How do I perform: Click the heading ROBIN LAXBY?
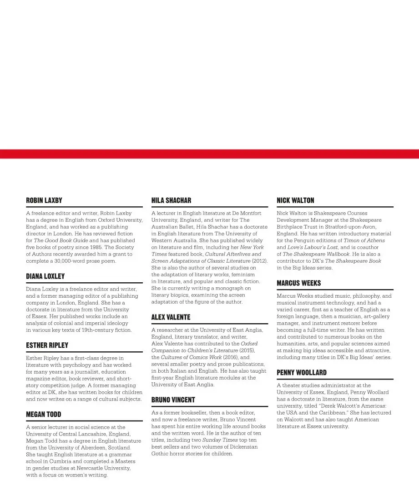coord(44,200)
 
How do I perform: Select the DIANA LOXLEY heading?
coord(45,276)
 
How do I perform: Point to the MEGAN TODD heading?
coord(44,415)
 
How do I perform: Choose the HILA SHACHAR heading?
coord(171,200)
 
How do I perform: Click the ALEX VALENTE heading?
coord(171,317)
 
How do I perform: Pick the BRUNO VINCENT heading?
coord(173,400)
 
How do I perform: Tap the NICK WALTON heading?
coord(295,200)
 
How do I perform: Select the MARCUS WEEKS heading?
coord(299,283)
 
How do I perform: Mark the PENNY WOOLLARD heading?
coord(302,373)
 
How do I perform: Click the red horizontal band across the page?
coord(209,154)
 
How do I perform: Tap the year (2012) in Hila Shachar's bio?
coord(259,261)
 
